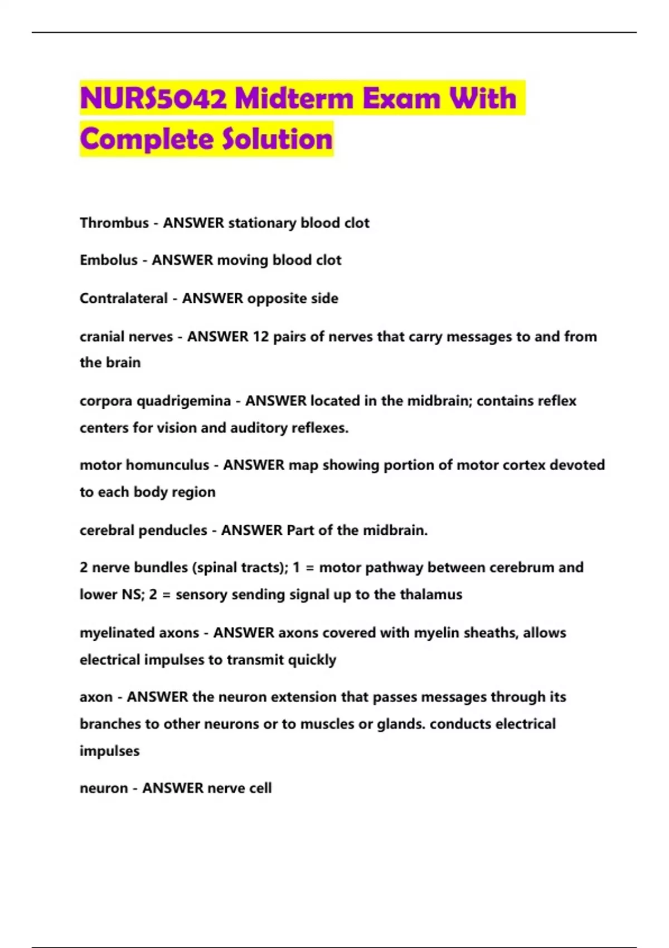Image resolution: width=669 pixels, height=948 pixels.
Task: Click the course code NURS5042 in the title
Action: click(153, 99)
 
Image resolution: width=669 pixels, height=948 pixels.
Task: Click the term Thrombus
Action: click(114, 223)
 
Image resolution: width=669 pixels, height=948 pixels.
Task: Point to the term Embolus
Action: click(109, 260)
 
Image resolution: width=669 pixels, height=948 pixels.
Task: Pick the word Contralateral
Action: click(124, 298)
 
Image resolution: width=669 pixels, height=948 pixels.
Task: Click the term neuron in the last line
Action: click(104, 789)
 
